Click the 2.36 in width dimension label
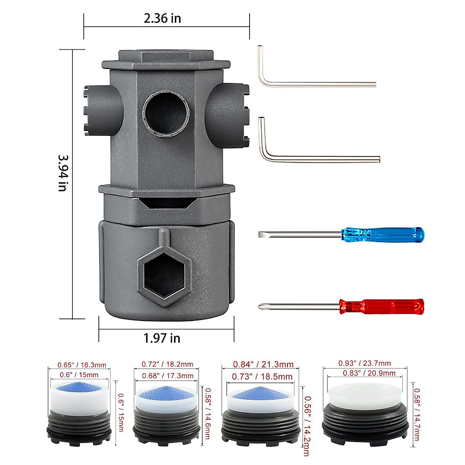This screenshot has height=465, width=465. [162, 18]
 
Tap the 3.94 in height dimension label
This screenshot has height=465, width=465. [63, 173]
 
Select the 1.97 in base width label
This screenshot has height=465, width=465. [162, 338]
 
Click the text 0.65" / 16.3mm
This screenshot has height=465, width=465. [82, 365]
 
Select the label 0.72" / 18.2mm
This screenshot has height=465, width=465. [167, 364]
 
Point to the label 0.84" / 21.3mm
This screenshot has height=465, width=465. [263, 364]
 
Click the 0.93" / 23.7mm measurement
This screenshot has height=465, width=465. [365, 363]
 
